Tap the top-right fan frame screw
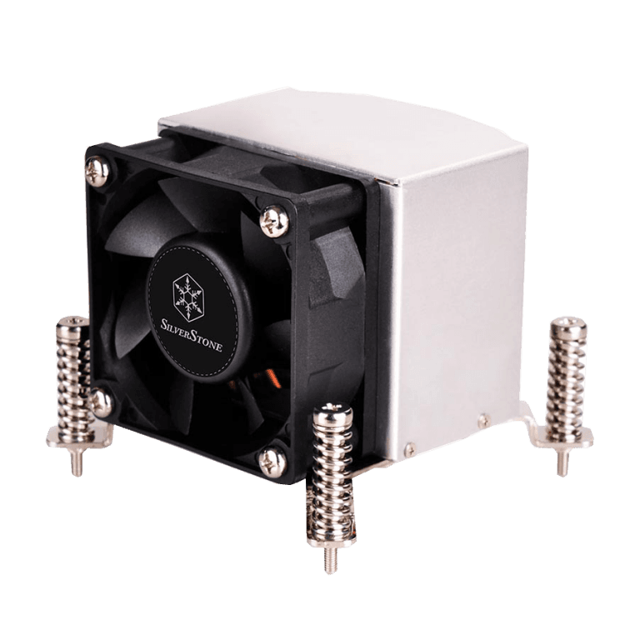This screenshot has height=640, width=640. [x=274, y=221]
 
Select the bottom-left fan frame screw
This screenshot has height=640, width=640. [x=100, y=402]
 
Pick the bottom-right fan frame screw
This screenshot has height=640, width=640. [x=272, y=462]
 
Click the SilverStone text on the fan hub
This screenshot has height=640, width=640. [x=192, y=337]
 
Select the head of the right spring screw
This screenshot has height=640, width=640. [x=567, y=327]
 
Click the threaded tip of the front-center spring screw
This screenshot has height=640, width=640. [x=330, y=561]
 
